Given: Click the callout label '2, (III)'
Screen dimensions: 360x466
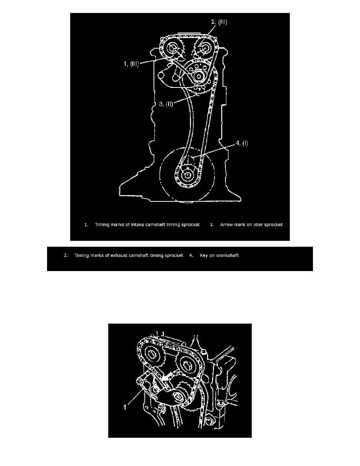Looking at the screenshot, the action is click(x=219, y=22).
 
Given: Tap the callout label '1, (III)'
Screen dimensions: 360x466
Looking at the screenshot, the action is click(x=131, y=64).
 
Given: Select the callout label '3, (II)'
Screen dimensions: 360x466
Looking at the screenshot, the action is click(x=166, y=104).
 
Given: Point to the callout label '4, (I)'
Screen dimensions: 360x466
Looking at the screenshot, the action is click(x=242, y=143).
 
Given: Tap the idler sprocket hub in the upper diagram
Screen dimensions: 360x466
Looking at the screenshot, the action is click(x=198, y=76).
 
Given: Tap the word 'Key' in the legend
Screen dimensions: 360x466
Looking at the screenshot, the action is click(x=204, y=256).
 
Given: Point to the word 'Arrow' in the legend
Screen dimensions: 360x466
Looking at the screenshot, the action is click(x=226, y=225).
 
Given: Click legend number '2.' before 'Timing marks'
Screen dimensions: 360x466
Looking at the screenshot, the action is click(x=66, y=255).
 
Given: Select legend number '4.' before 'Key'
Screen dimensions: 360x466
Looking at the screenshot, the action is click(x=191, y=255).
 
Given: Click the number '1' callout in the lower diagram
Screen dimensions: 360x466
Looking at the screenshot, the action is click(x=125, y=407).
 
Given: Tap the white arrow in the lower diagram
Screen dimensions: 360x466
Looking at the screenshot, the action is click(x=166, y=377).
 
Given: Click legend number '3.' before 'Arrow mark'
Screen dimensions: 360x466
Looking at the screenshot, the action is click(x=212, y=225).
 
